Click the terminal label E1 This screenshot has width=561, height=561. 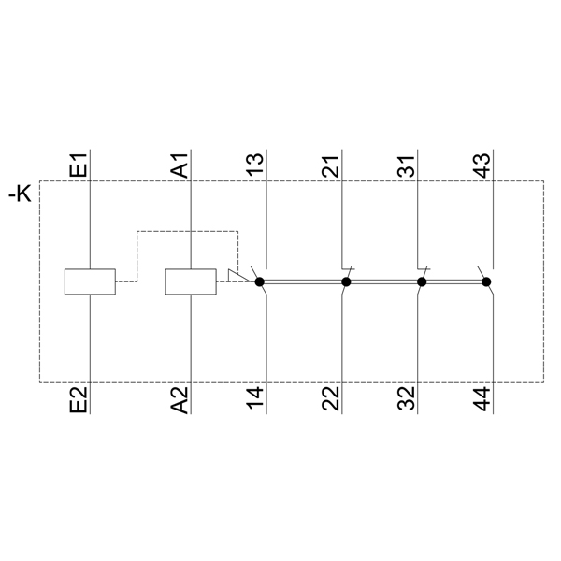(78, 165)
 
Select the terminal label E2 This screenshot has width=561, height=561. (78, 399)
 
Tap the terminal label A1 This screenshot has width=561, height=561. (180, 165)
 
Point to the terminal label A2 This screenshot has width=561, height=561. (180, 399)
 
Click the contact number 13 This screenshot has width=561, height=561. (255, 165)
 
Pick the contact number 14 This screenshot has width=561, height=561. (255, 398)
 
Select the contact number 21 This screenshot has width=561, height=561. (331, 165)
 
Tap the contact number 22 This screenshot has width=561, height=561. (331, 398)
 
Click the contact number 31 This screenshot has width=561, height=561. (407, 165)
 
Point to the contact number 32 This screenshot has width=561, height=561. (407, 398)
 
